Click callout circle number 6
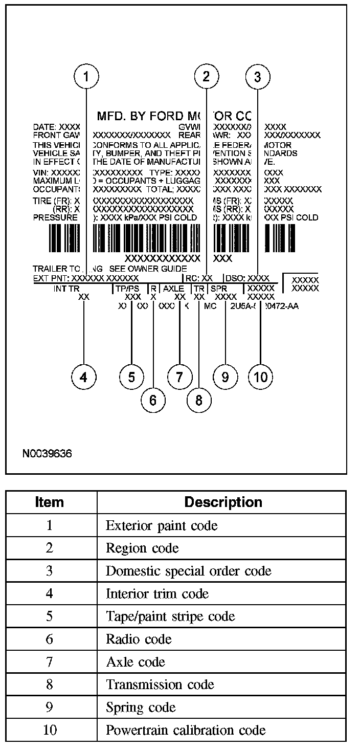pos(153,400)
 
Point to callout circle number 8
pos(199,400)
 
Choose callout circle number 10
pos(260,377)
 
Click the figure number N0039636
pos(47,454)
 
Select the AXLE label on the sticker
pos(174,289)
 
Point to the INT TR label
pos(66,289)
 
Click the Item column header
pos(50,502)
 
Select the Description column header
pos(223,502)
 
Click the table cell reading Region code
pos(142,548)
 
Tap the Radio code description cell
pos(139,639)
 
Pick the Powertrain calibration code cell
pos(186,730)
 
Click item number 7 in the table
pos(50,662)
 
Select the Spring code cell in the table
pos(141,708)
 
